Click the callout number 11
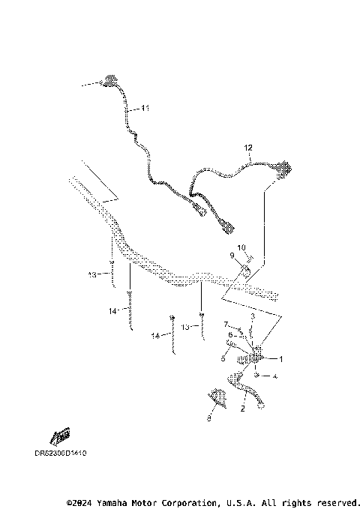coord(145,109)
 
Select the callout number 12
coord(248,148)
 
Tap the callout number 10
coord(241,248)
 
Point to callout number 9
coord(232,256)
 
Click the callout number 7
coord(226,324)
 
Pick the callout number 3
coord(253,317)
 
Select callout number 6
coord(230,334)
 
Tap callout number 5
coord(223,359)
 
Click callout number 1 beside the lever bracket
coord(281,358)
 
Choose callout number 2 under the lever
coord(242,409)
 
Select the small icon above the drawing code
coord(60,436)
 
